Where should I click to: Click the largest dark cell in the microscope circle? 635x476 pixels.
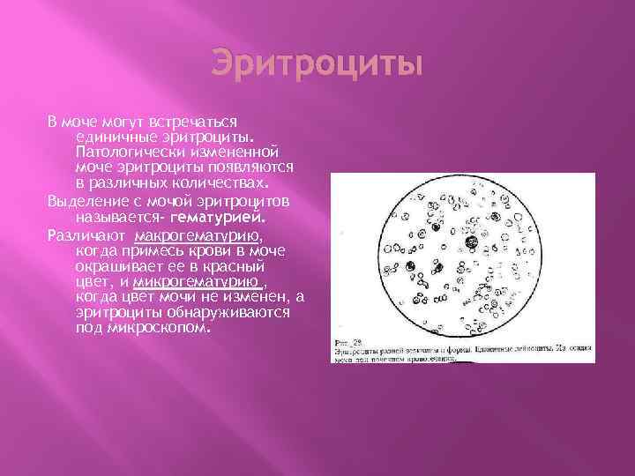pyautogui.click(x=472, y=243)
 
